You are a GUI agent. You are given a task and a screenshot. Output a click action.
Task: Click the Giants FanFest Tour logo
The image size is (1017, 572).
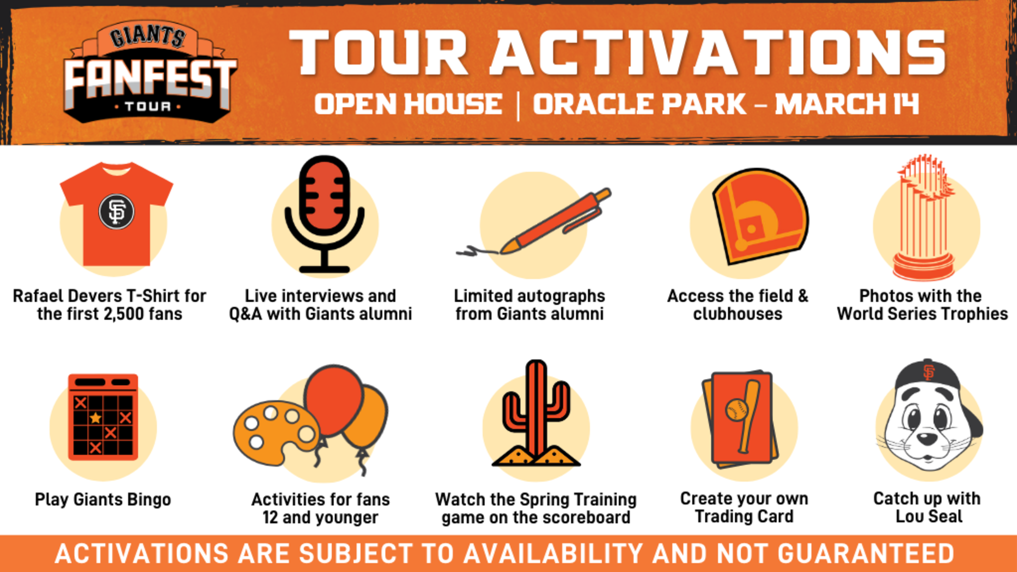150,74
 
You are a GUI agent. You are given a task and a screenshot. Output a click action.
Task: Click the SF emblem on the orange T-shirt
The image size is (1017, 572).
117,212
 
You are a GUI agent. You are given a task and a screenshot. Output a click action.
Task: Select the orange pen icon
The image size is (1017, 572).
553,221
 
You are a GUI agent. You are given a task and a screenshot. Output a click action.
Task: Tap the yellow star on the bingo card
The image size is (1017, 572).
95,418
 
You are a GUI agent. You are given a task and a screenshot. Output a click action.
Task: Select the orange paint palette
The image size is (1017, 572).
274,433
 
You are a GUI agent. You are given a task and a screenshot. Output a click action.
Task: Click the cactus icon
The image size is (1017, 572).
536,414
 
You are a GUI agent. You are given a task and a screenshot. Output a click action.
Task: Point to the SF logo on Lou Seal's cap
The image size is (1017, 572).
929,373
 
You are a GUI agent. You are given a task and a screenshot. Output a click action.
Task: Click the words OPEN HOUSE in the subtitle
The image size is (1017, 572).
408,104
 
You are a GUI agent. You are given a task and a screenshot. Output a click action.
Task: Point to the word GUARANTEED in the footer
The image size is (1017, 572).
866,554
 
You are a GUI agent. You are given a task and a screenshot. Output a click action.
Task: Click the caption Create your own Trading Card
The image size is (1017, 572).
744,508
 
